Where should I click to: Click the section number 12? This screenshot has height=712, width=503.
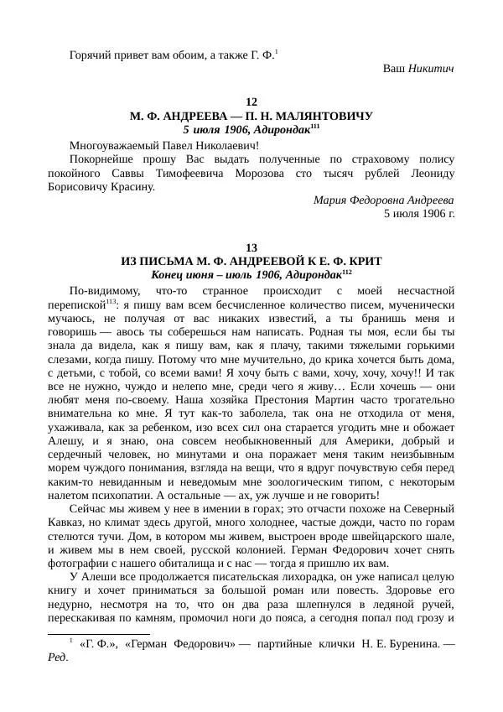pyautogui.click(x=251, y=102)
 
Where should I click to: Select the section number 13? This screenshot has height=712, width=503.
pyautogui.click(x=251, y=247)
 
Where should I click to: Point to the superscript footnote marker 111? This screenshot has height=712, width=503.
pyautogui.click(x=315, y=127)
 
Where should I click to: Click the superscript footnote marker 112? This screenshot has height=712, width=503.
pyautogui.click(x=346, y=272)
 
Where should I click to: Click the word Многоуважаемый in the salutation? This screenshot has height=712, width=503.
pyautogui.click(x=110, y=144)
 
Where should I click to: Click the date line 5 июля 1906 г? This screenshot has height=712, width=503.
pyautogui.click(x=419, y=213)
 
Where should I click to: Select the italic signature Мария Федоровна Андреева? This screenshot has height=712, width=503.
pyautogui.click(x=384, y=200)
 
